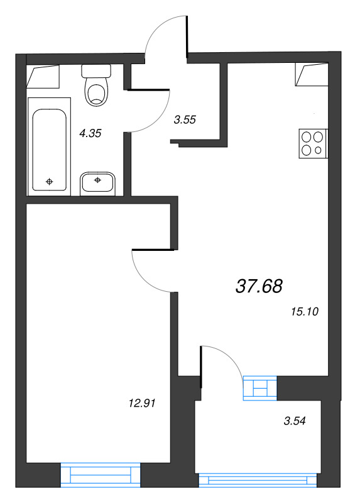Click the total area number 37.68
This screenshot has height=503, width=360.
pos(259,287)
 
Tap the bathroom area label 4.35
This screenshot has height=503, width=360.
pos(90,133)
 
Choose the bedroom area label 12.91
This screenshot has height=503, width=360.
pos(141,403)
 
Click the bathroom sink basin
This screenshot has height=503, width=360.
pos(97,183)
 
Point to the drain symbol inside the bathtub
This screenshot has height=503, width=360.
pos(49,182)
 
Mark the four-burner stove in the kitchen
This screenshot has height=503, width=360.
pos(313,142)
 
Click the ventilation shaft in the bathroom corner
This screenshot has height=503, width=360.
pos(43,77)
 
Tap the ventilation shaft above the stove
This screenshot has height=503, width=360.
pos(312,75)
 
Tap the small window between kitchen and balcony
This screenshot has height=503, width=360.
pos(259,387)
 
